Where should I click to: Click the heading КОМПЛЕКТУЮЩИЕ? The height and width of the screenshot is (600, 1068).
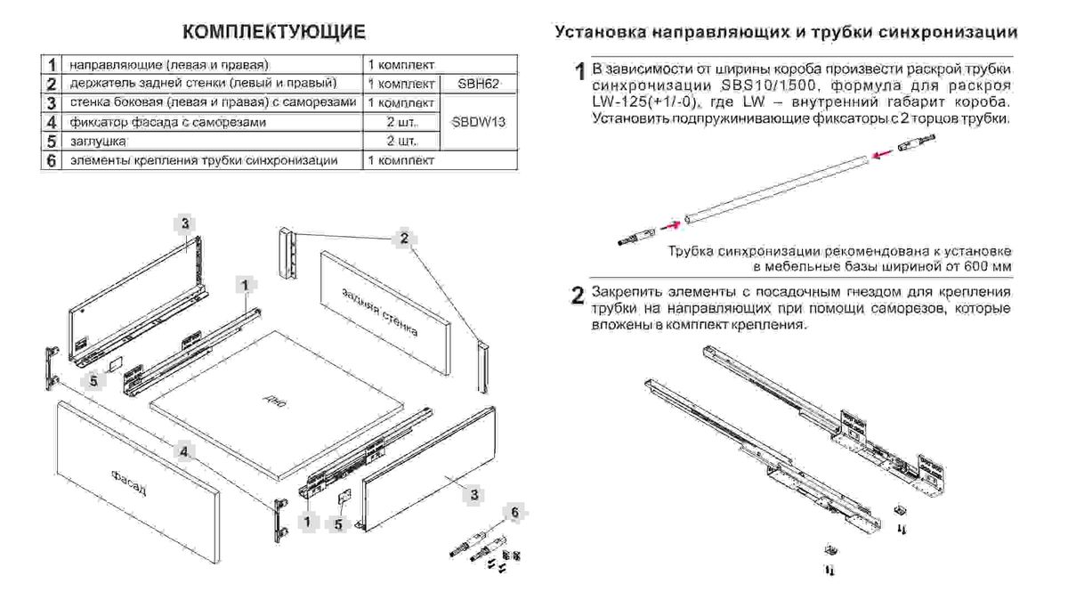tap(273, 33)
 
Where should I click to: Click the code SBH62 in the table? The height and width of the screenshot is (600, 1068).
tap(480, 84)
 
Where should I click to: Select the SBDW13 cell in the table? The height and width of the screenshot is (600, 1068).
tap(478, 123)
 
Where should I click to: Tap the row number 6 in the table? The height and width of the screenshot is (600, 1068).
tap(52, 161)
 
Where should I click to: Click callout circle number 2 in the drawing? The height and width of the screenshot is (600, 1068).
tap(403, 238)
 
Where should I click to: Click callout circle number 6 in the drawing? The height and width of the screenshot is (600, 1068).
tap(512, 511)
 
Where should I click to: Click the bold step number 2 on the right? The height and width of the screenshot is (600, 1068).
tap(578, 295)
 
